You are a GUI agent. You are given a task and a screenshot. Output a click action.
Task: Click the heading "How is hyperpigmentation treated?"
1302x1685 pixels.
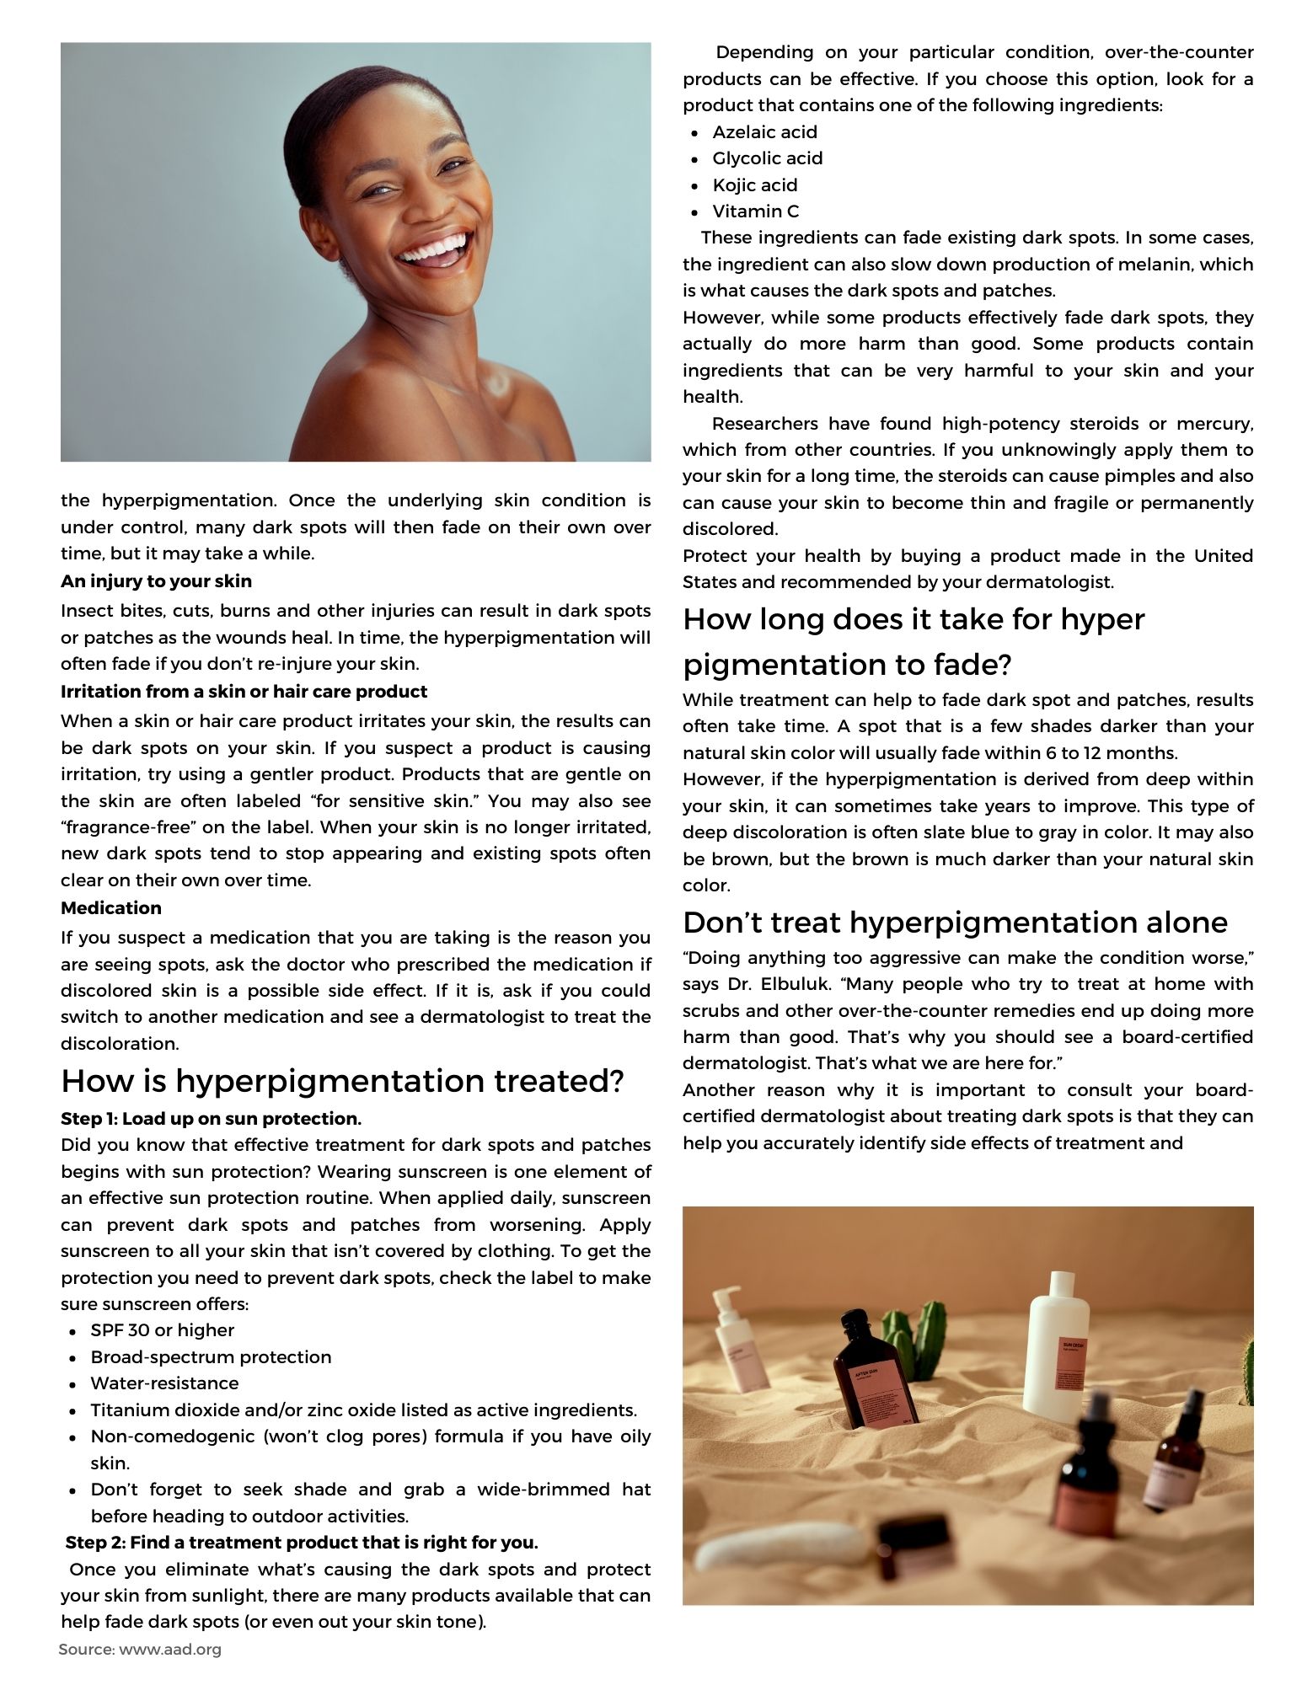(x=342, y=1081)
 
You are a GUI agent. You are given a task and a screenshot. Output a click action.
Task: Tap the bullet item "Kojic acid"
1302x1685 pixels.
(x=754, y=185)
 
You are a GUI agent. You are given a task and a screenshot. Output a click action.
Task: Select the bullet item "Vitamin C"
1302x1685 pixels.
(x=755, y=211)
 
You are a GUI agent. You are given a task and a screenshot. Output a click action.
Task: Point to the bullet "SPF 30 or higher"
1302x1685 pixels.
(x=162, y=1330)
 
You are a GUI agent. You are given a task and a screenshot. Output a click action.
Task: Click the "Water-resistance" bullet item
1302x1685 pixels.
(x=164, y=1383)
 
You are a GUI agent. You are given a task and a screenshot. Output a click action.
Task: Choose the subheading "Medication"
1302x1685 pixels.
(x=110, y=908)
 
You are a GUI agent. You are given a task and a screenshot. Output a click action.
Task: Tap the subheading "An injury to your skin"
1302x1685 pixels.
(x=156, y=581)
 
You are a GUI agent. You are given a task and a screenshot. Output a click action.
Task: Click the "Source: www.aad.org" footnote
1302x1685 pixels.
(x=140, y=1650)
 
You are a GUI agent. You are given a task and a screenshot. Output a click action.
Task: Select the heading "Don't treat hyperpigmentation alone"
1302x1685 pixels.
(x=955, y=923)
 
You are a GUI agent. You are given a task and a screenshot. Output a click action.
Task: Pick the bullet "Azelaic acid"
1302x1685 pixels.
(x=764, y=132)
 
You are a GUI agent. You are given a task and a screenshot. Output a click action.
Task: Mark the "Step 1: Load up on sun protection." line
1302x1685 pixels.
(x=211, y=1119)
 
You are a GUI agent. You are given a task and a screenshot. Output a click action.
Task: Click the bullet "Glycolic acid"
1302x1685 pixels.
(x=767, y=158)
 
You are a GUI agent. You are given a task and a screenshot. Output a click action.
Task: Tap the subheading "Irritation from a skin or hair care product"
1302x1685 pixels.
(x=244, y=692)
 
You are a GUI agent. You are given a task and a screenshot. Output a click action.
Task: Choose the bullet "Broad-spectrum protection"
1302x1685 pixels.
(x=211, y=1357)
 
